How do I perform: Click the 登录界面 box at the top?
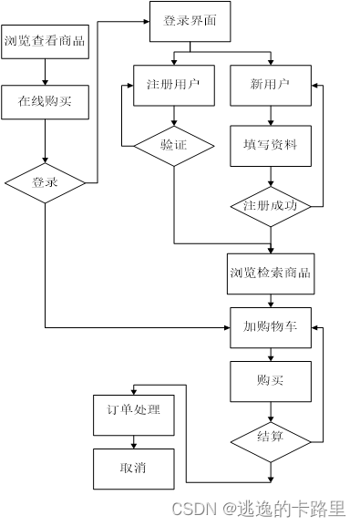[190, 21]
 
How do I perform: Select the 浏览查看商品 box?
[46, 41]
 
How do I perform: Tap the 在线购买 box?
[46, 102]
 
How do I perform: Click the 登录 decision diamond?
[46, 182]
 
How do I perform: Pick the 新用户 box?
[270, 85]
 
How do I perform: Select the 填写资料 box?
[270, 144]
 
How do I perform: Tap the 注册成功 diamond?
[270, 205]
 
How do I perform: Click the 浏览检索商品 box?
[270, 273]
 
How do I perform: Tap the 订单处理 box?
[134, 409]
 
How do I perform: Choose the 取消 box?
[134, 469]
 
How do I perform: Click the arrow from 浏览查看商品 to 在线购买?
[46, 72]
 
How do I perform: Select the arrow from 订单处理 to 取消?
[134, 439]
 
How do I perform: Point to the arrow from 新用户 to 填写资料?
[270, 114]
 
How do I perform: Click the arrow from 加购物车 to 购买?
[270, 355]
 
